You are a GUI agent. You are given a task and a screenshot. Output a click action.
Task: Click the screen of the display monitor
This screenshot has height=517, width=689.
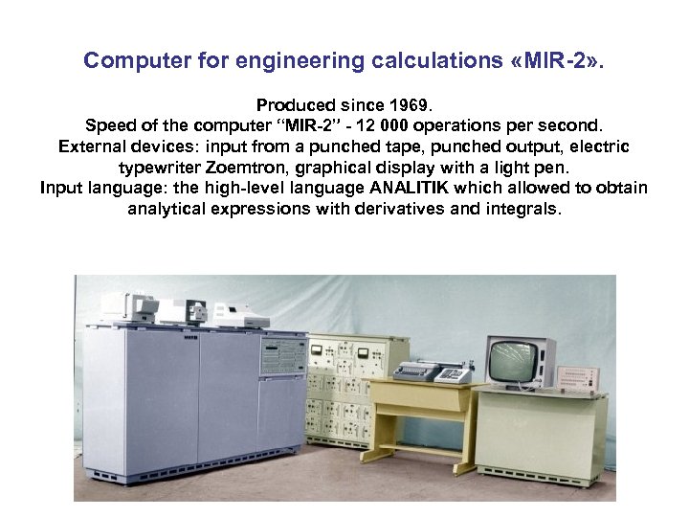pos(515,359)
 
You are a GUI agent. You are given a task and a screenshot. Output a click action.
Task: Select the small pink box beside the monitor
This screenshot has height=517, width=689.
pos(578,379)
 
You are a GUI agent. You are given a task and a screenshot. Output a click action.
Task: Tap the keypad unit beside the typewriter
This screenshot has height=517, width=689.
pos(452,373)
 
